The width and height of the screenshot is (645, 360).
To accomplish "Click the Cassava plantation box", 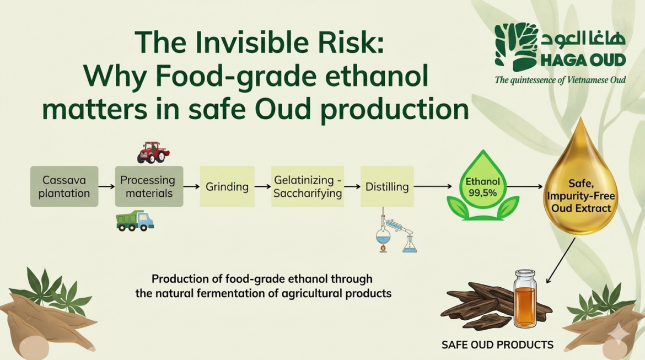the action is tap(64, 186).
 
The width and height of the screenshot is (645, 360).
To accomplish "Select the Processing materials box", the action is tap(149, 186).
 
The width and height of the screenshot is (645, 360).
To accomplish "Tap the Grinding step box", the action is tap(227, 186).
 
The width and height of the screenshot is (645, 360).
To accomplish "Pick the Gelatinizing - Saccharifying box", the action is tap(308, 186).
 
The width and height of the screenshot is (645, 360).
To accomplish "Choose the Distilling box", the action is tap(387, 186).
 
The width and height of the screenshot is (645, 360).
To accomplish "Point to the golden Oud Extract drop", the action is tap(581, 181).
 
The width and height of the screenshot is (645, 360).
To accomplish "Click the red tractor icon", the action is tap(153, 153).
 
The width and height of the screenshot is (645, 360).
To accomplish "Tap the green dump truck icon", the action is tap(135, 221).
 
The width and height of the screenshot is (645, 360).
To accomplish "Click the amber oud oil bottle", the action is tap(525, 299).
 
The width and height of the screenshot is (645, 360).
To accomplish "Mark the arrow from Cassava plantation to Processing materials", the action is tap(106, 186).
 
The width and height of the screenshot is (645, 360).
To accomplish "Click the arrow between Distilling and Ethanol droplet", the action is tap(433, 186).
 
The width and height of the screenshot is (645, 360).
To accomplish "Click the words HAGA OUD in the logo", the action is tap(583, 60).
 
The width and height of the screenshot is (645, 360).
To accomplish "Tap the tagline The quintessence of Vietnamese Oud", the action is tap(560, 80).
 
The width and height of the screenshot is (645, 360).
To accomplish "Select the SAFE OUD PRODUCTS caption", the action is tap(497, 345).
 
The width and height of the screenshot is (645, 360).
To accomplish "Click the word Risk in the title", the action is tap(354, 42).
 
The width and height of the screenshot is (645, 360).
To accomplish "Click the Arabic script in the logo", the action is tap(583, 38).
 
